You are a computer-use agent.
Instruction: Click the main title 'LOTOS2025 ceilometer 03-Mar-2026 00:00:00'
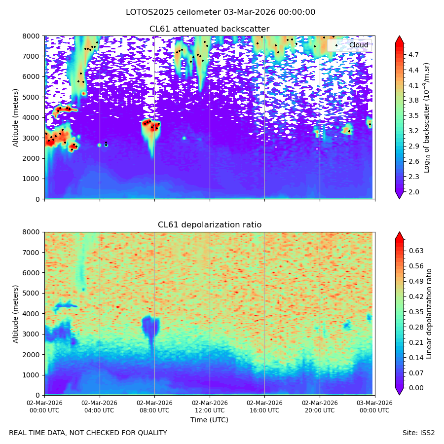tap(221, 12)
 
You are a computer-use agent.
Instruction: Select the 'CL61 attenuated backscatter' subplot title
tap(210, 29)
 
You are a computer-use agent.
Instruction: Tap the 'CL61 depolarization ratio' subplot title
tap(210, 225)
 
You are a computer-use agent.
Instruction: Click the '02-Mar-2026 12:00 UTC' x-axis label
tap(210, 407)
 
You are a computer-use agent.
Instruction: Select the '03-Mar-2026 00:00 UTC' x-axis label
tap(374, 407)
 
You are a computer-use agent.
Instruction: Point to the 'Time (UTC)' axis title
tap(209, 420)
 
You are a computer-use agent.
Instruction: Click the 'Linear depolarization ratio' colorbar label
tap(429, 314)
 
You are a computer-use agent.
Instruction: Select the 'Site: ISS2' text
tap(418, 433)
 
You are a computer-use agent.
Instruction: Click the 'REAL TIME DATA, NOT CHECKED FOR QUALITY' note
tap(88, 433)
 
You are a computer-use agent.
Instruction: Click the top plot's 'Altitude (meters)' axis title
tap(15, 118)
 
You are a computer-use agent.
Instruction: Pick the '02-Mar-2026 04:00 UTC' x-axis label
tap(99, 407)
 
